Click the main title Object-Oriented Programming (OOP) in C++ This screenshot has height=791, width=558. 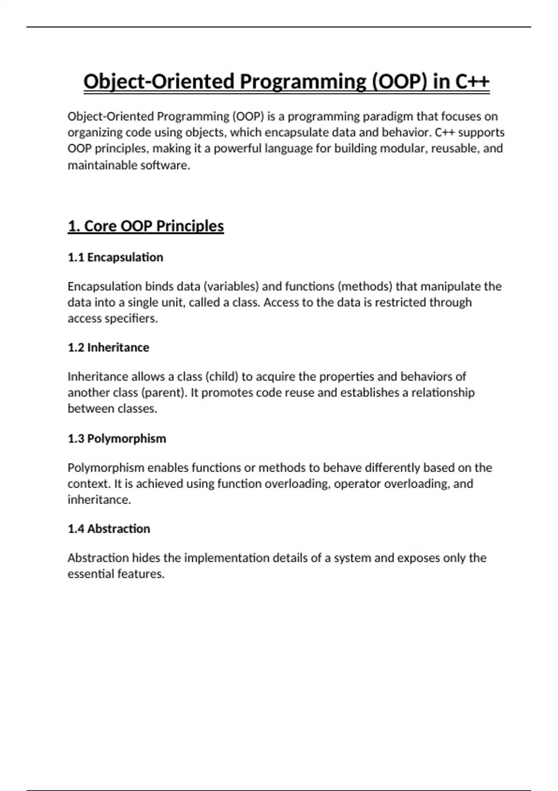click(x=286, y=82)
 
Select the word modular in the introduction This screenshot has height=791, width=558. click(x=403, y=148)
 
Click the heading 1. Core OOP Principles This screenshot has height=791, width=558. click(x=146, y=226)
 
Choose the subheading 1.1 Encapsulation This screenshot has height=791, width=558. click(x=115, y=257)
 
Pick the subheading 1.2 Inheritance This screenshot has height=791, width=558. click(x=108, y=348)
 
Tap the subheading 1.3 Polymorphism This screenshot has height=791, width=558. click(x=117, y=438)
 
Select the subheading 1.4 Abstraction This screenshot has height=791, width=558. click(x=109, y=529)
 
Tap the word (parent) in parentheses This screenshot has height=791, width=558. click(x=163, y=393)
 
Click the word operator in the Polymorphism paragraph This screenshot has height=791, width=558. click(x=357, y=484)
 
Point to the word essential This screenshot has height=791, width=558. click(x=91, y=574)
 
